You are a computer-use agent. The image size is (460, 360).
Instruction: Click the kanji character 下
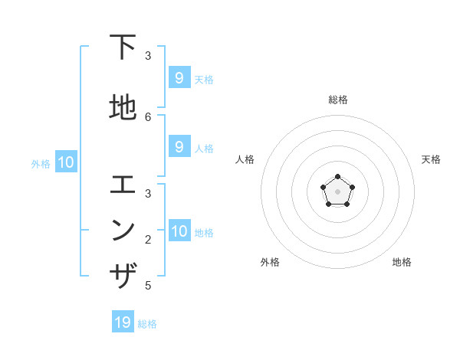click(123, 48)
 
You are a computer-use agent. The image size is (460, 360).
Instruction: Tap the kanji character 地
click(123, 108)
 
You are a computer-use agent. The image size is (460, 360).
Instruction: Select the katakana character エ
click(123, 185)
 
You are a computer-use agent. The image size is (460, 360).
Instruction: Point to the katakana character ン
click(123, 229)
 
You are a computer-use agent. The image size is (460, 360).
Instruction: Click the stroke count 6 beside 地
click(148, 116)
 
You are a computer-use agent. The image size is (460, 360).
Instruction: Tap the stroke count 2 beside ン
click(148, 239)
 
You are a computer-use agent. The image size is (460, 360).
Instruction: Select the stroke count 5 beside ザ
click(148, 286)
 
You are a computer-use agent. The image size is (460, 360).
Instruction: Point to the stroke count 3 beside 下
click(148, 56)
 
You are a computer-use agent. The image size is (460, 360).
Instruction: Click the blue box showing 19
click(123, 322)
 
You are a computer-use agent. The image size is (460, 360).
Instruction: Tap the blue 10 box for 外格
click(65, 162)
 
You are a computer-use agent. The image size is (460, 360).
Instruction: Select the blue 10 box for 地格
click(179, 231)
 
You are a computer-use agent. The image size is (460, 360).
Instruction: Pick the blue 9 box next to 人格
click(179, 147)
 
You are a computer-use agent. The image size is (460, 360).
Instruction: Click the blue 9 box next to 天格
click(179, 78)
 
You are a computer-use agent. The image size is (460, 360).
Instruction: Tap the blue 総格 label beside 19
click(147, 324)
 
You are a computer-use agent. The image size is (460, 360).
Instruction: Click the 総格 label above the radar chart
click(337, 100)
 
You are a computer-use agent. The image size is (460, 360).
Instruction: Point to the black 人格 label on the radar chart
click(245, 159)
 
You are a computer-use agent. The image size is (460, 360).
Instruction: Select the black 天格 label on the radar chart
click(431, 159)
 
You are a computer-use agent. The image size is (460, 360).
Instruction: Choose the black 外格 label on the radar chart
click(270, 262)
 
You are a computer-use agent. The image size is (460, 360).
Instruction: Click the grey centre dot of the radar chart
click(337, 191)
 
